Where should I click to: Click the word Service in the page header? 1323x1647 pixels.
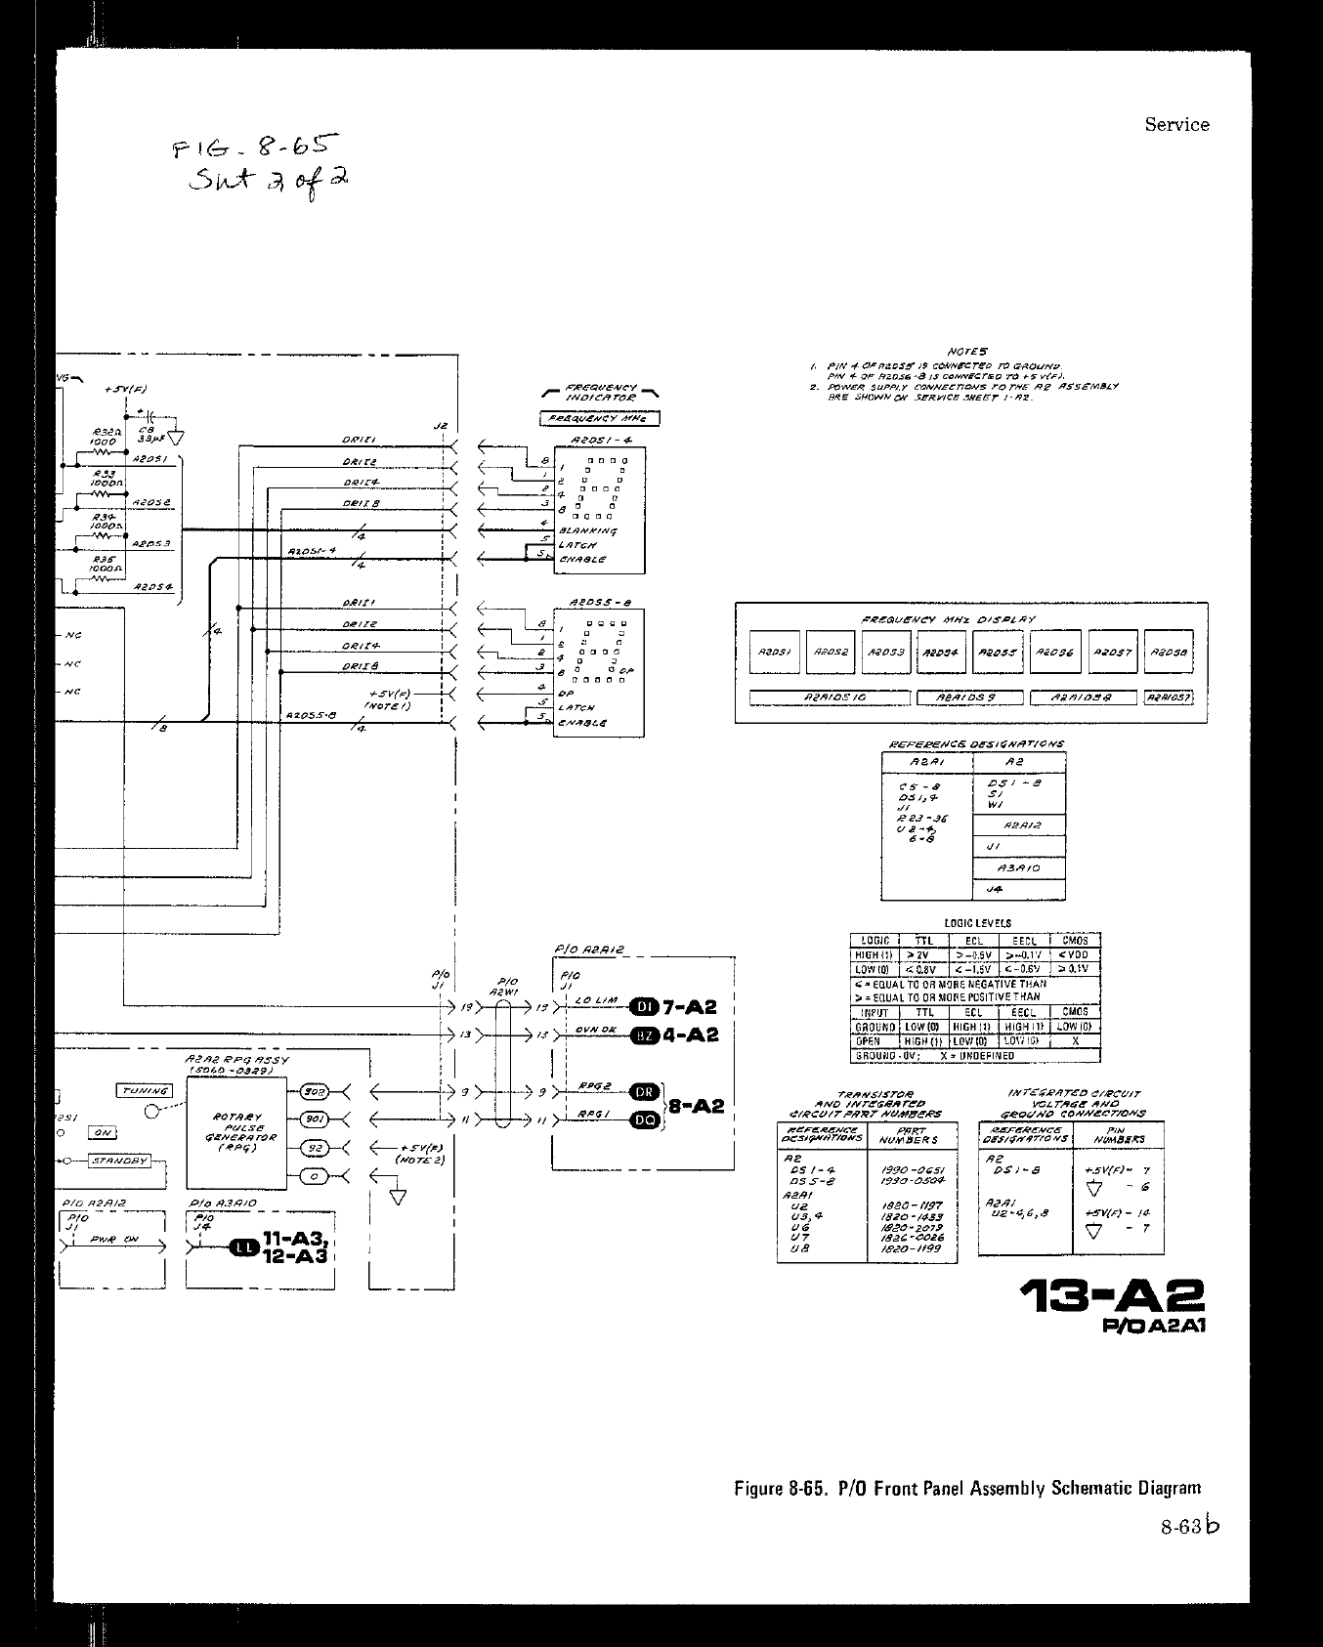point(1176,124)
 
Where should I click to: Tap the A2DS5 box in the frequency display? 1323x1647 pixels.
point(999,653)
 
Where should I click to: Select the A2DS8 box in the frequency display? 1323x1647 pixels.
point(1168,653)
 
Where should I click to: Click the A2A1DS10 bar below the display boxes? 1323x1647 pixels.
point(830,697)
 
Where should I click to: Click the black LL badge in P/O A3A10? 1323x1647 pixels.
point(242,1247)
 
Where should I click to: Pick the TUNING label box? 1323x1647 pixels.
point(144,1090)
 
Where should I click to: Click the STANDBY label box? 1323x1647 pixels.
point(120,1161)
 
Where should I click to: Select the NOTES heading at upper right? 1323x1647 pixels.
point(967,351)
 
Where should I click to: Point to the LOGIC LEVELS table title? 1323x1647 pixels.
point(977,922)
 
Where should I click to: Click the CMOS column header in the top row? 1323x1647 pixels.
point(1075,941)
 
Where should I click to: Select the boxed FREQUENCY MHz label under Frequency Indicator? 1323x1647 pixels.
point(599,419)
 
